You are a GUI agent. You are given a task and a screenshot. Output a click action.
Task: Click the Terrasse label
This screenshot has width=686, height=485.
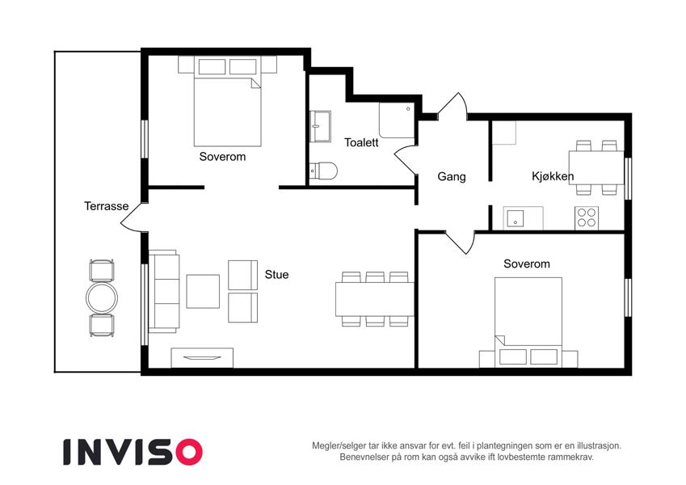pyautogui.click(x=107, y=206)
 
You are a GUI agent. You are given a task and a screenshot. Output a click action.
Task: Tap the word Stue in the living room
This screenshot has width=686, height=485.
pyautogui.click(x=276, y=275)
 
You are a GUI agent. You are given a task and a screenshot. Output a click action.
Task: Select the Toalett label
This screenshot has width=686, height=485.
pyautogui.click(x=361, y=142)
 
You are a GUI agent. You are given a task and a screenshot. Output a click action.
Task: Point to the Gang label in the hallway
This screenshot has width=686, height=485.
pyautogui.click(x=452, y=177)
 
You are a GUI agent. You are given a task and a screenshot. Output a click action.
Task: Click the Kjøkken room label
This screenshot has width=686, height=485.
pyautogui.click(x=553, y=176)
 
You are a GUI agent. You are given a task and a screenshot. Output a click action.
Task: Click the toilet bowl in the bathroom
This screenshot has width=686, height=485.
pyautogui.click(x=323, y=171)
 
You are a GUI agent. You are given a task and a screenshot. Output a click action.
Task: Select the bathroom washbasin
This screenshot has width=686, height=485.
pyautogui.click(x=320, y=126)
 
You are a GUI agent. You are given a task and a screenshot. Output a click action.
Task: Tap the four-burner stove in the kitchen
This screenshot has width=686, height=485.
pyautogui.click(x=587, y=217)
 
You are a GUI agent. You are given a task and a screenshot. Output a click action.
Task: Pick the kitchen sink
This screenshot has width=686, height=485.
pyautogui.click(x=516, y=218)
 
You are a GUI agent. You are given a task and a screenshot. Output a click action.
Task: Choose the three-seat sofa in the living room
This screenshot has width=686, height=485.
pyautogui.click(x=164, y=292)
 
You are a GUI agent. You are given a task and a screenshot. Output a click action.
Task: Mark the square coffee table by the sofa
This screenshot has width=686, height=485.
pyautogui.click(x=203, y=292)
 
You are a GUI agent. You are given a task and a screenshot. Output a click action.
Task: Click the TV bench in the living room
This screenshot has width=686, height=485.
pyautogui.click(x=202, y=358)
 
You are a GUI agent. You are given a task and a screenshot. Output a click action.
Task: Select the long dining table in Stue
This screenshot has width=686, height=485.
pyautogui.click(x=375, y=299)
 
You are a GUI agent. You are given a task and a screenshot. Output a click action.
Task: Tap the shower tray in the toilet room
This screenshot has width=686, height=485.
pyautogui.click(x=397, y=120)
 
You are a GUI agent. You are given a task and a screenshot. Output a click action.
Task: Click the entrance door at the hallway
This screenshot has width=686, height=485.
pyautogui.click(x=453, y=105)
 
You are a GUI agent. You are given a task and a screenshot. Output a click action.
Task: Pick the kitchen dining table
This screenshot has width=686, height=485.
pyautogui.click(x=596, y=167)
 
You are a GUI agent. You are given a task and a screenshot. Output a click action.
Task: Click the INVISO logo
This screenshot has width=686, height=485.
pyautogui.click(x=133, y=452)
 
